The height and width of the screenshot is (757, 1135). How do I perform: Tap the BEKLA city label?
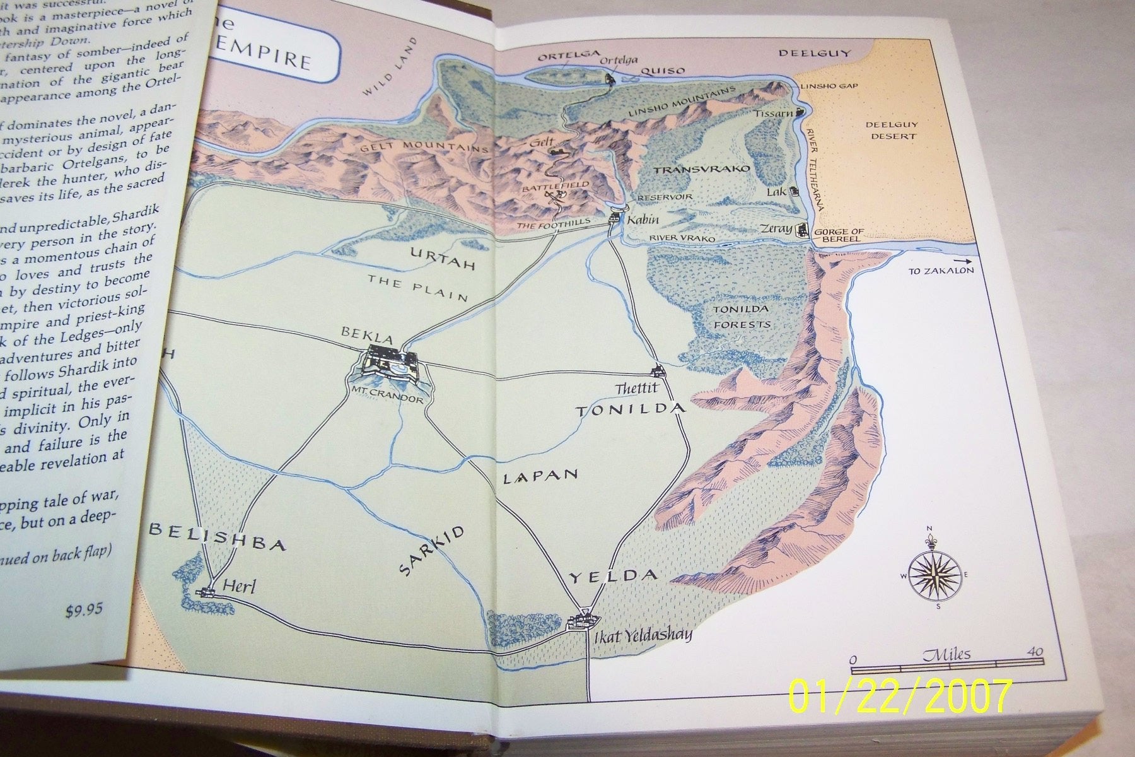coord(366,332)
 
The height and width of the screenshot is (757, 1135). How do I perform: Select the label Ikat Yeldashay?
coord(642,635)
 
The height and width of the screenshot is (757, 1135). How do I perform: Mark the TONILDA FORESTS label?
coord(741,317)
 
